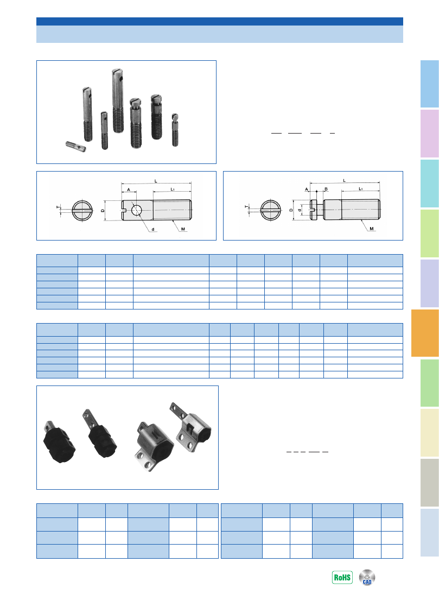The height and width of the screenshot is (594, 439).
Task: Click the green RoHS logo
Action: click(x=342, y=577)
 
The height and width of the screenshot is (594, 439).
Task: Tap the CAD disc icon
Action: click(x=367, y=577)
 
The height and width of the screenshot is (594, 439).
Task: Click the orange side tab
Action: click(x=424, y=333)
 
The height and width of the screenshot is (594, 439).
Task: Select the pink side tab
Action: click(x=430, y=134)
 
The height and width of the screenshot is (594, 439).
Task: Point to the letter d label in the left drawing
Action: click(x=153, y=230)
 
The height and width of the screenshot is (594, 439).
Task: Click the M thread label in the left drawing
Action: click(x=183, y=229)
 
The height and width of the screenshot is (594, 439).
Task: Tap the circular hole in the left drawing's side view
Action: click(x=136, y=210)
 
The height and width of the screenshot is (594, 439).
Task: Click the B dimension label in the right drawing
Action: click(x=326, y=189)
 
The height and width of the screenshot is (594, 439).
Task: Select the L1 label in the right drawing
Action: click(x=361, y=188)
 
